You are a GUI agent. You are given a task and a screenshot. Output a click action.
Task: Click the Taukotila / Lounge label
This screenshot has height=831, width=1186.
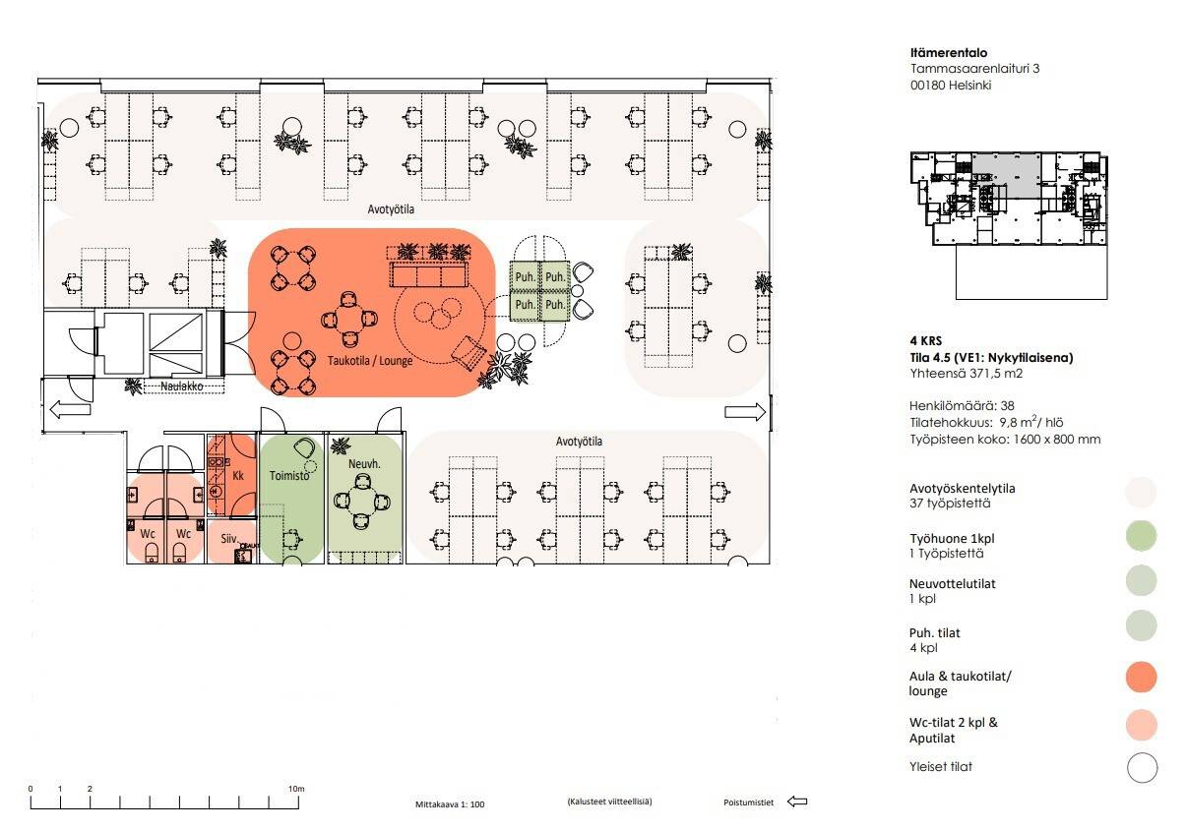pos(370,361)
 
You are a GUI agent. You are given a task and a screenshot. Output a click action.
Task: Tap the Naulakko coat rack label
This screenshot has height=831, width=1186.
pos(182,386)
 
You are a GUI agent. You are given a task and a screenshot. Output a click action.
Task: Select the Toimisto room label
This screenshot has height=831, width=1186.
pos(289,476)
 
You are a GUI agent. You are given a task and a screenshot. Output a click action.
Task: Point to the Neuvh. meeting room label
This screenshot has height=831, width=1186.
pos(364,464)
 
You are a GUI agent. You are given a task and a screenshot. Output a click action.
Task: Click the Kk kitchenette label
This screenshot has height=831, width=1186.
pos(238,476)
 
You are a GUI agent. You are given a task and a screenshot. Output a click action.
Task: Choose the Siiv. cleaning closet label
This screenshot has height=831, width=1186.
pos(228,539)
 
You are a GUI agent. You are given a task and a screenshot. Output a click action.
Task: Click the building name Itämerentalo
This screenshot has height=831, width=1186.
pos(949,53)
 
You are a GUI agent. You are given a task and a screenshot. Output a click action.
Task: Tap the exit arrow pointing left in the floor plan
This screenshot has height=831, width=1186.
pos(70,409)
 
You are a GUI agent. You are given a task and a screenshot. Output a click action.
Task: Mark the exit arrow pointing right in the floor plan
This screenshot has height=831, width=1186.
pos(745,412)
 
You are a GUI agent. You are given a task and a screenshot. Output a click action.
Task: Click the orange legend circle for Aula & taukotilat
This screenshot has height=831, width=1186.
pos(1142,677)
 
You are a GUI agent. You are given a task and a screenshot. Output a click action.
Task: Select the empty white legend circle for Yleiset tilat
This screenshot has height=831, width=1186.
pos(1142,767)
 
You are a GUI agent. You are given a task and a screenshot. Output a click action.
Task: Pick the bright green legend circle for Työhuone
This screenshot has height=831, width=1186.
pos(1141,536)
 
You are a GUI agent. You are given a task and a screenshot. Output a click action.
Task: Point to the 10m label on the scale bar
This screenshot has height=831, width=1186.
pos(296,789)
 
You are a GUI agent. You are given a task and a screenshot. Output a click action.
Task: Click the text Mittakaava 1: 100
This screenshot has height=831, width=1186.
pos(450,804)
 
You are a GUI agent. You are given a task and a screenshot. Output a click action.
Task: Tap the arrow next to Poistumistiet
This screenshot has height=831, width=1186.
pos(797,801)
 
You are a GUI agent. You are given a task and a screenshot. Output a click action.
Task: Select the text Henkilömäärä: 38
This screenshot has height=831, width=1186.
pos(962,406)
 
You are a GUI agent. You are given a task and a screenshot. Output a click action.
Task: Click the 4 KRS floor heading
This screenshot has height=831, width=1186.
pos(926,340)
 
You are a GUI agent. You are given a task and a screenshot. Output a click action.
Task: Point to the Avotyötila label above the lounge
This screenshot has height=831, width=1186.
pos(391,209)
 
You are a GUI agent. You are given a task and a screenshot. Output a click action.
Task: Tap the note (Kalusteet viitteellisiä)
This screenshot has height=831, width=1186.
pos(609,801)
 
